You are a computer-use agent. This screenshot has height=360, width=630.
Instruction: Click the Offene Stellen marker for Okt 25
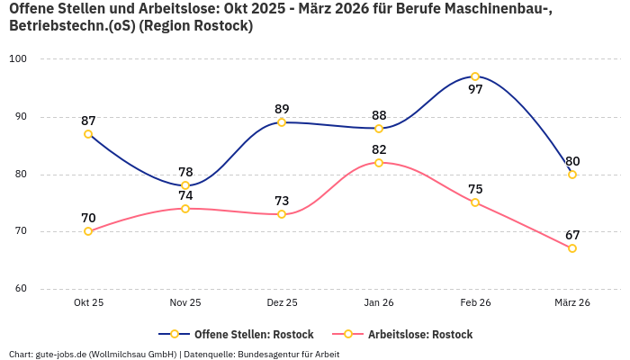[x=88, y=134]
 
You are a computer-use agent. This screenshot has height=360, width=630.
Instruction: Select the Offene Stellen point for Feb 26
[x=475, y=76]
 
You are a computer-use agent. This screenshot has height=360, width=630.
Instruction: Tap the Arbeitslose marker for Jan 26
[x=379, y=163]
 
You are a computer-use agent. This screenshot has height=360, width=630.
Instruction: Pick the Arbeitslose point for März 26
[x=572, y=248]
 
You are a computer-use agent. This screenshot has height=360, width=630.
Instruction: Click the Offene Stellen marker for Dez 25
[x=282, y=122]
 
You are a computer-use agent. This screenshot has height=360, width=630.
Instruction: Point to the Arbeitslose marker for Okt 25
[x=88, y=231]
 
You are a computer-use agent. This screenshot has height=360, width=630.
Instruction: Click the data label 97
[x=475, y=90]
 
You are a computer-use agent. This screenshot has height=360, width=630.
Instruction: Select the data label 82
[x=379, y=149]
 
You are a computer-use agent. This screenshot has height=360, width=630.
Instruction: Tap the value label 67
[x=572, y=235]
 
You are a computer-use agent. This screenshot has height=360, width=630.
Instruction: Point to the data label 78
[x=185, y=172]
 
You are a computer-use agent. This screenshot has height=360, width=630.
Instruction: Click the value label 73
[x=282, y=201]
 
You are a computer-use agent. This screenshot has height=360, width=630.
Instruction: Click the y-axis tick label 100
[x=18, y=59]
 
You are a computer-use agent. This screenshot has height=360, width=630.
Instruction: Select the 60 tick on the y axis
[x=21, y=289]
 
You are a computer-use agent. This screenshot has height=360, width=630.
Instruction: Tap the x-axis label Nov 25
[x=185, y=303]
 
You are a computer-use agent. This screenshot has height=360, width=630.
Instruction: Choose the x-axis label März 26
[x=572, y=303]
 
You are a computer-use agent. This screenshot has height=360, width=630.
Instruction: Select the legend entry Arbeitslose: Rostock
[x=420, y=334]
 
